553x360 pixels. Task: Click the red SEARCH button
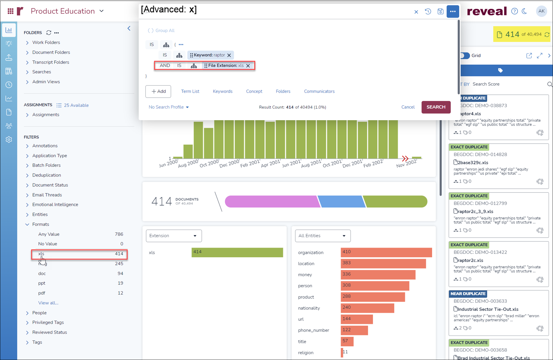pyautogui.click(x=436, y=107)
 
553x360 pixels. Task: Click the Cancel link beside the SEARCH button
pyautogui.click(x=408, y=107)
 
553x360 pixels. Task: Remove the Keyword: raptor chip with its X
pyautogui.click(x=229, y=55)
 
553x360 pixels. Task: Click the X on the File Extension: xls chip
pyautogui.click(x=248, y=66)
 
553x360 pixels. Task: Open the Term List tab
pyautogui.click(x=190, y=91)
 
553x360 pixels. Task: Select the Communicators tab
pyautogui.click(x=319, y=91)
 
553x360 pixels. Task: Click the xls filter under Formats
pyautogui.click(x=41, y=254)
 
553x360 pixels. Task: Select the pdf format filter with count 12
pyautogui.click(x=42, y=293)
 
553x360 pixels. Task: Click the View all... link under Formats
pyautogui.click(x=48, y=303)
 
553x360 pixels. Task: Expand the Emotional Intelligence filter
pyautogui.click(x=55, y=204)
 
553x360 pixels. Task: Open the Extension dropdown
pyautogui.click(x=173, y=236)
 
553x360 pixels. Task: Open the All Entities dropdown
pyautogui.click(x=322, y=236)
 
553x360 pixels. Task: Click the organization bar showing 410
pyautogui.click(x=386, y=252)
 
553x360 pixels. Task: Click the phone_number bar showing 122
pyautogui.click(x=354, y=330)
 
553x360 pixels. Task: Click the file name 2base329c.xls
pyautogui.click(x=473, y=163)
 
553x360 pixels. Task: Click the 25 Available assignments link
pyautogui.click(x=76, y=105)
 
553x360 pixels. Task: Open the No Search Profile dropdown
pyautogui.click(x=168, y=107)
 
